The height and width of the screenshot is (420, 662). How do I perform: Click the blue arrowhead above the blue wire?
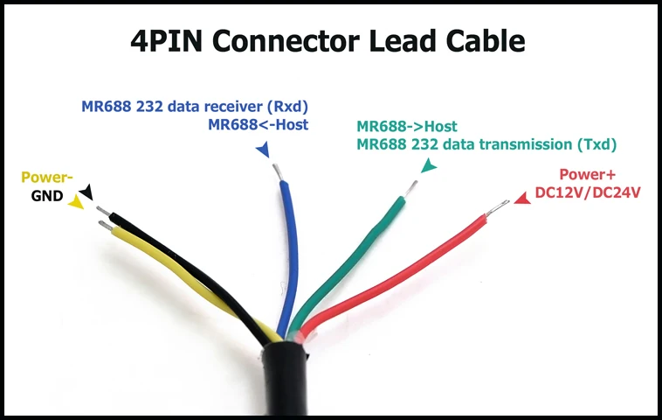pos(262,151)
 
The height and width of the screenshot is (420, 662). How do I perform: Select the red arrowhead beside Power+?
pos(521,199)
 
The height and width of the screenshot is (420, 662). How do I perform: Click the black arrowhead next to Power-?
pos(86,191)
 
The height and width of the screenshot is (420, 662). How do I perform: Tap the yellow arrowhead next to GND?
pos(77,202)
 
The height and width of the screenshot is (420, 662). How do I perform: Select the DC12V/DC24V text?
pos(587,192)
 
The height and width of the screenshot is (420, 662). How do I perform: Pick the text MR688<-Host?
pos(258,125)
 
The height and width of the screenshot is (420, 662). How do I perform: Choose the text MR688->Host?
pos(406,127)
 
